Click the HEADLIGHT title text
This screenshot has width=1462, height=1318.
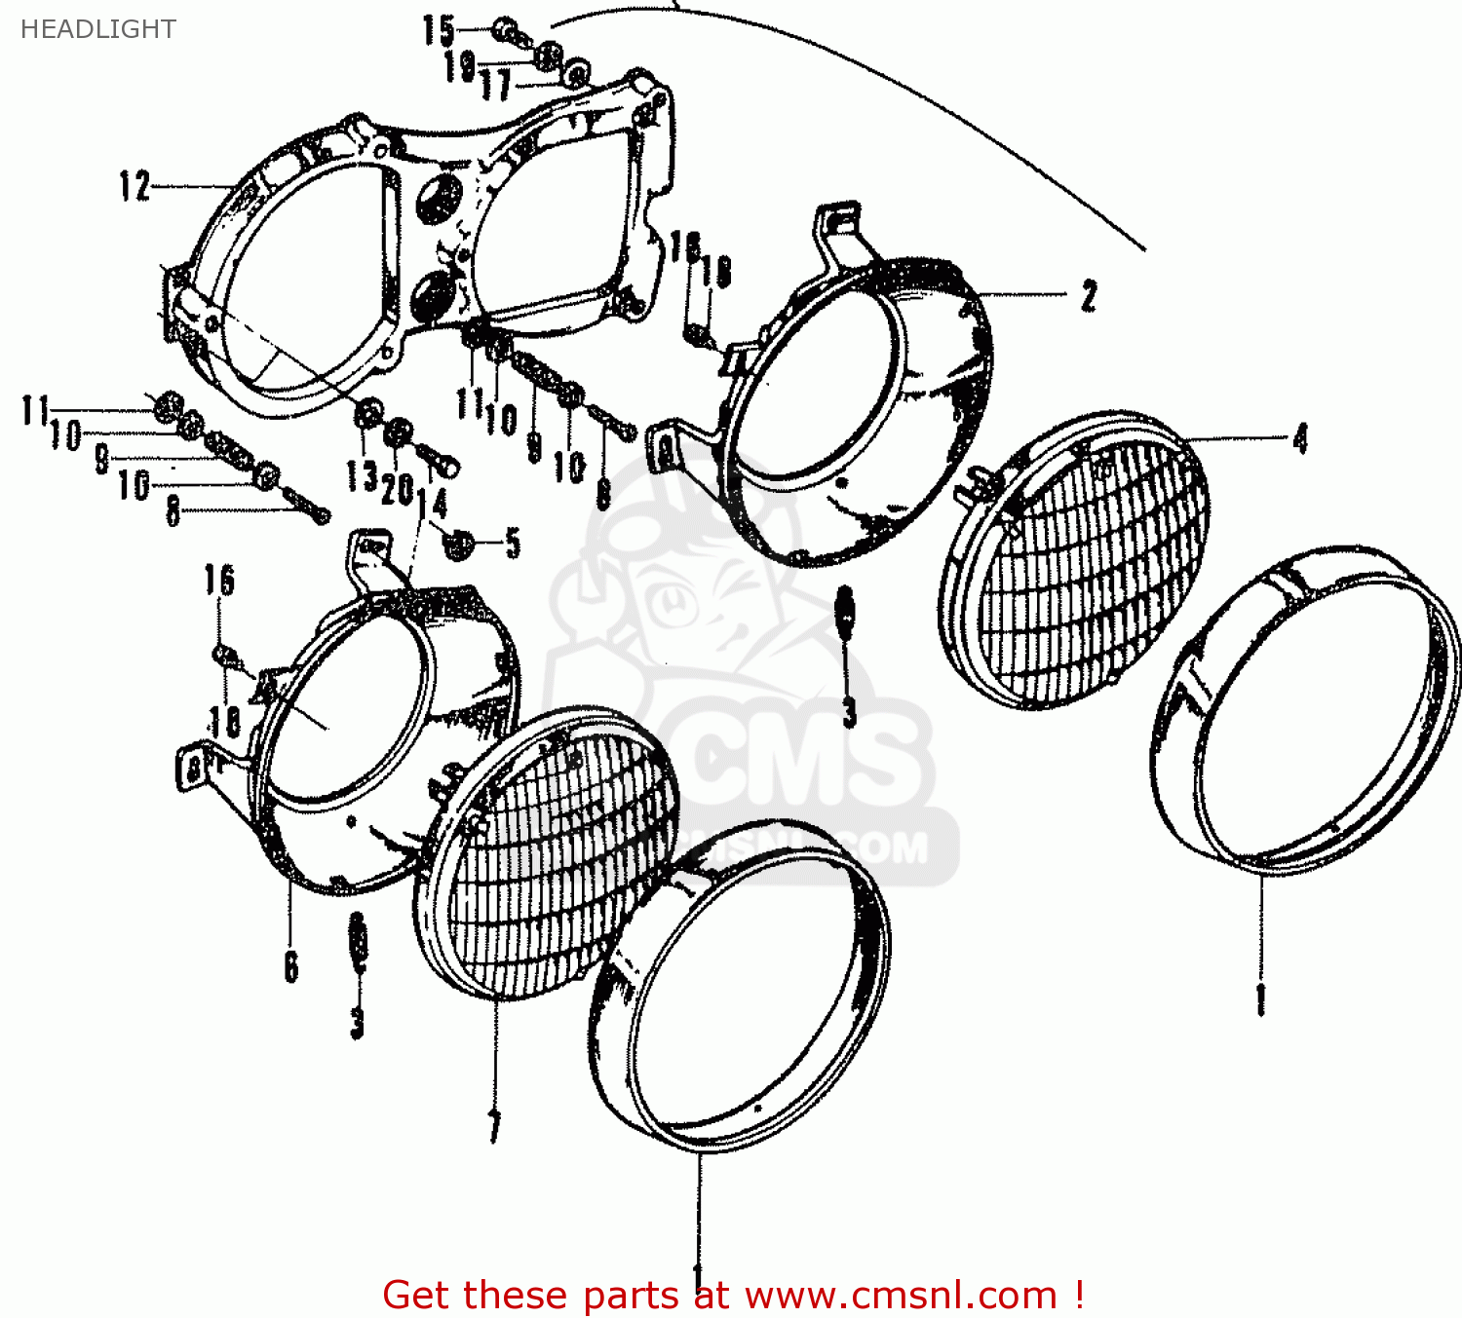tap(97, 29)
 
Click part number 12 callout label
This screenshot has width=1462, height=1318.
tap(135, 185)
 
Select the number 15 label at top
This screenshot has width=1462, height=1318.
tap(439, 30)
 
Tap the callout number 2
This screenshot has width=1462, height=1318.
tap(1089, 296)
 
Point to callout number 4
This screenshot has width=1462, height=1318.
tap(1299, 439)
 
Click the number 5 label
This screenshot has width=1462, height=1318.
tap(513, 544)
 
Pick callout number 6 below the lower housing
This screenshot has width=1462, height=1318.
tap(290, 965)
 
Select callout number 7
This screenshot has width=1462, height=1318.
tap(494, 1127)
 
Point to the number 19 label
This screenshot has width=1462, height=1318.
tap(459, 66)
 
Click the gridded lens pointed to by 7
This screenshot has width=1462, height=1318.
tap(546, 857)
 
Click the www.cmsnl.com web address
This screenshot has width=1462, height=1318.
tap(901, 1295)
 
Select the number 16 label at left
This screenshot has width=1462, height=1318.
tap(219, 581)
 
